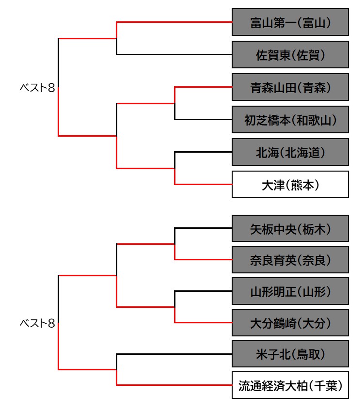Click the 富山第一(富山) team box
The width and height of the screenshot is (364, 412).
(x=290, y=22)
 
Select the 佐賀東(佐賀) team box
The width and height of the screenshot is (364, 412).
(x=290, y=54)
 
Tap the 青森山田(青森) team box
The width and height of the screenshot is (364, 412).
(x=290, y=87)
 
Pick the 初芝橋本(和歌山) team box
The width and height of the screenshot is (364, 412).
(x=290, y=119)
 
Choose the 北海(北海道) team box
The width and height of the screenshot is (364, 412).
(x=290, y=152)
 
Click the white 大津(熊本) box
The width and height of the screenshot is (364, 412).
(x=290, y=184)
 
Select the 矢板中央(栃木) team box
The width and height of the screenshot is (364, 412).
(x=290, y=228)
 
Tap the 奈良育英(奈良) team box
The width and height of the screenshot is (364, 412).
(x=290, y=259)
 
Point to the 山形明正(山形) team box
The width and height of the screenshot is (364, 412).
(x=290, y=291)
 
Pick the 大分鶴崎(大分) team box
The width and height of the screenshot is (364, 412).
(x=290, y=322)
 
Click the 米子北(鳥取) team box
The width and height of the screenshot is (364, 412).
(x=290, y=354)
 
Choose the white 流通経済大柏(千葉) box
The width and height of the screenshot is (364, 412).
(x=290, y=385)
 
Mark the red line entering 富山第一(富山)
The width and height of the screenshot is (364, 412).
(x=174, y=22)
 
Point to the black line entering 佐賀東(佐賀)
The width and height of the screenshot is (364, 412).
(x=174, y=54)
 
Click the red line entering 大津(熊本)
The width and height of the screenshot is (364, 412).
(x=204, y=184)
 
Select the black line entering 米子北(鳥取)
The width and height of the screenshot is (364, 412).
(x=174, y=354)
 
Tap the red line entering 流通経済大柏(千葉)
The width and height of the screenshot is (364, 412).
(x=174, y=385)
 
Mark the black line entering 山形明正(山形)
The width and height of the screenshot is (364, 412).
(x=204, y=291)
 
